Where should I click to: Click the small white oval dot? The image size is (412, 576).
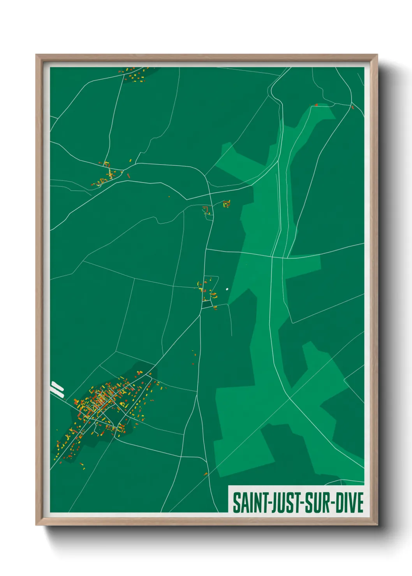tap(227, 289)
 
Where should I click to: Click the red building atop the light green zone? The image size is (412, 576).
tap(316, 105)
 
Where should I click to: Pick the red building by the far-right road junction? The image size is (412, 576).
tap(352, 107)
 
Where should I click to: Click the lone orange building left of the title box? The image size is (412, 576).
tap(206, 474)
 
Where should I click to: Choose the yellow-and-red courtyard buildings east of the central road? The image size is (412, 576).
tap(226, 204)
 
